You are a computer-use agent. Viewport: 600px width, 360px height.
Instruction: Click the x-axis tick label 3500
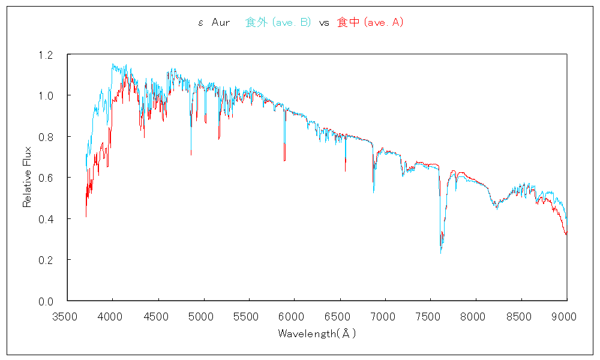pos(67,316)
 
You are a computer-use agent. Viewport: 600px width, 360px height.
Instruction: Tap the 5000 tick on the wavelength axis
pos(203,316)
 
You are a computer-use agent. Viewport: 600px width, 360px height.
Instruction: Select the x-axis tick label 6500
pos(340,316)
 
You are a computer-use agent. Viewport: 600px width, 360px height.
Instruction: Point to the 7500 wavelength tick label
pos(431,316)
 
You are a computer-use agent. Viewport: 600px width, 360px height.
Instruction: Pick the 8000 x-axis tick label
pos(476,316)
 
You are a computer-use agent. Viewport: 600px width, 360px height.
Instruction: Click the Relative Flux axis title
pos(27,178)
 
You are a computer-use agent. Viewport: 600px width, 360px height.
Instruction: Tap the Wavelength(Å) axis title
pos(317,333)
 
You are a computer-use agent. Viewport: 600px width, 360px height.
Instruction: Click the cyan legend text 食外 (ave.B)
pos(278,23)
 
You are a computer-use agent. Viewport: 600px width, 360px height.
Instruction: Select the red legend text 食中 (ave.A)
pos(370,23)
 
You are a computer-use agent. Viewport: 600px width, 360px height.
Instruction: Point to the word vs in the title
pos(324,23)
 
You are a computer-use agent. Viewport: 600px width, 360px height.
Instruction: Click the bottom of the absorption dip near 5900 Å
pos(284,161)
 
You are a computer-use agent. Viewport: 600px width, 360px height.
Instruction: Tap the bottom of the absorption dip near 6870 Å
pos(373,192)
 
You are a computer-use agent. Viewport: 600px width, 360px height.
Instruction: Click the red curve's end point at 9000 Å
pos(566,234)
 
